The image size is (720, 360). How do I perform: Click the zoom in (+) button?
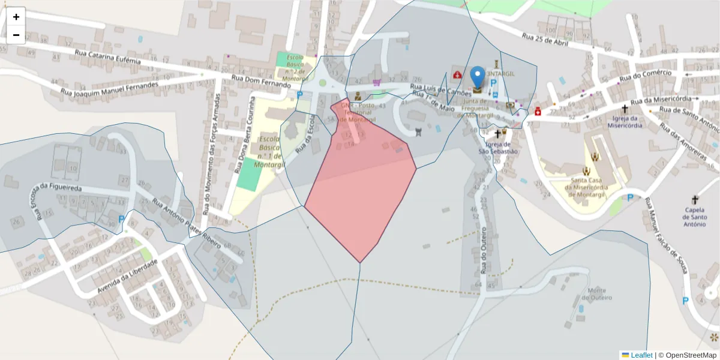[16, 17]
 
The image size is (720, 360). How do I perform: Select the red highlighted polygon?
[360, 186]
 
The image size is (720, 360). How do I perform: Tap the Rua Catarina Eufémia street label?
[107, 57]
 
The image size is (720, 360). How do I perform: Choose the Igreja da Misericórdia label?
[625, 122]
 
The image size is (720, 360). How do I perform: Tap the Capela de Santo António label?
[695, 217]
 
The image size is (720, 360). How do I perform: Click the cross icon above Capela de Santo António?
[695, 199]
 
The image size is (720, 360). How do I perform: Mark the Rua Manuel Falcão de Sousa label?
[664, 236]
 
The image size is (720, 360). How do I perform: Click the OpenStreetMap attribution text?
[687, 355]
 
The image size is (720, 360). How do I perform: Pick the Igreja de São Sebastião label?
[498, 148]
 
